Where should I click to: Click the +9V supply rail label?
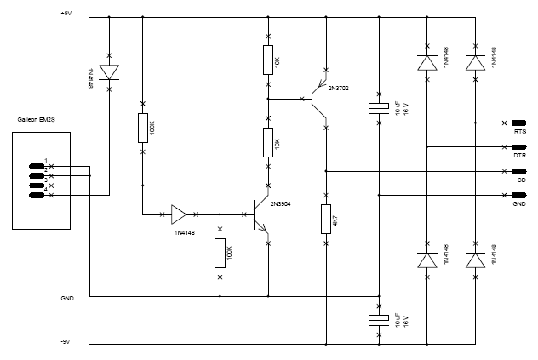tap(67, 14)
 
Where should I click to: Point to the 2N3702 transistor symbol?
tap(317, 99)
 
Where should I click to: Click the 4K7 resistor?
tap(325, 219)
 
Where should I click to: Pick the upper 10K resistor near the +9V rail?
tap(269, 60)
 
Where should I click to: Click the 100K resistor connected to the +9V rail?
tap(142, 129)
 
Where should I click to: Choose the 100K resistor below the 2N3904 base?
tap(220, 253)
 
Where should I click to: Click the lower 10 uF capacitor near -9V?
tap(379, 319)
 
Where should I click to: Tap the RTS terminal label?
tap(520, 132)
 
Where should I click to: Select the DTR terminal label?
tap(520, 156)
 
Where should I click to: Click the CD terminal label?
tap(521, 180)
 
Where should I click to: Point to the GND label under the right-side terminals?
tap(519, 204)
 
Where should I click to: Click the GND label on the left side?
tap(67, 300)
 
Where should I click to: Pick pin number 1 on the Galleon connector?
tap(47, 161)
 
